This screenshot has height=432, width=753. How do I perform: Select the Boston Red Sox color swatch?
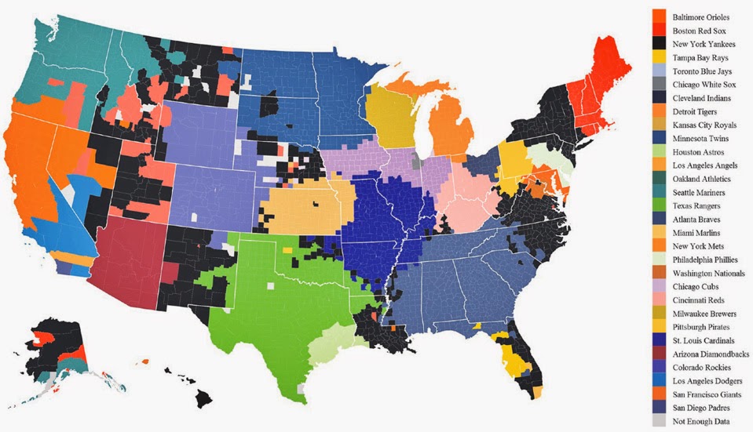pyautogui.click(x=659, y=30)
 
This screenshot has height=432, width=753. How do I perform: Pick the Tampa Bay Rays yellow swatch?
pyautogui.click(x=659, y=57)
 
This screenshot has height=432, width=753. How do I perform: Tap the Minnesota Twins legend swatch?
pyautogui.click(x=659, y=138)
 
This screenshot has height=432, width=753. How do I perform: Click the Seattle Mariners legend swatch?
pyautogui.click(x=659, y=192)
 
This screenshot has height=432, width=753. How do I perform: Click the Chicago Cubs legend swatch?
pyautogui.click(x=659, y=287)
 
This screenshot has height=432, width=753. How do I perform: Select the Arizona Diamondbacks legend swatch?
pyautogui.click(x=659, y=354)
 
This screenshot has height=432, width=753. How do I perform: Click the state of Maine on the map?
pyautogui.click(x=605, y=74)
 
